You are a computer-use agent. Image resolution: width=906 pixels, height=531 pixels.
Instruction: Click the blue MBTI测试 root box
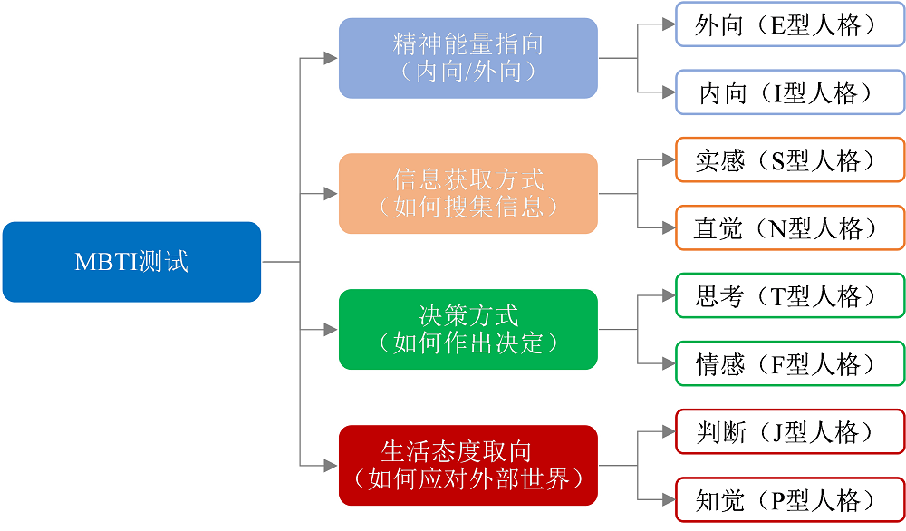click(x=131, y=262)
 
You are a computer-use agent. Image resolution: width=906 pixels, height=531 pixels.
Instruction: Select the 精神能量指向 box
click(x=467, y=58)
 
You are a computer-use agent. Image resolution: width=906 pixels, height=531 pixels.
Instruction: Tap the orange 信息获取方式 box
click(x=467, y=193)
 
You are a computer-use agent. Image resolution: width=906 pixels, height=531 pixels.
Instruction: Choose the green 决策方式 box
click(x=467, y=329)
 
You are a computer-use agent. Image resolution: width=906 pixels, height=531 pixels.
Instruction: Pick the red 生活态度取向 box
click(x=467, y=465)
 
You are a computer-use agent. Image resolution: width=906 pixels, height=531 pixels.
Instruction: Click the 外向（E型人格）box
click(x=789, y=24)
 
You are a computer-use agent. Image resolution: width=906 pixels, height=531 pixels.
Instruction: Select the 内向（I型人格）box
click(x=789, y=92)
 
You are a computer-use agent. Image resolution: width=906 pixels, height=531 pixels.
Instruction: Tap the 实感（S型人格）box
click(x=789, y=160)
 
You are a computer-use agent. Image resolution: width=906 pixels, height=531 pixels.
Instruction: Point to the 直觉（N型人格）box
click(x=789, y=228)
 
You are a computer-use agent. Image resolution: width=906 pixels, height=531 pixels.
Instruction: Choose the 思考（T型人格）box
click(x=789, y=296)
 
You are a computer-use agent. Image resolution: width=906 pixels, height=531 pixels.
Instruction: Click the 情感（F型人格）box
click(x=789, y=364)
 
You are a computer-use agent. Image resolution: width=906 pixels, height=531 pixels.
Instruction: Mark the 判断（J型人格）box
click(x=789, y=432)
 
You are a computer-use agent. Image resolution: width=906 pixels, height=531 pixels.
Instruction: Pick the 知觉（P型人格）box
click(x=789, y=500)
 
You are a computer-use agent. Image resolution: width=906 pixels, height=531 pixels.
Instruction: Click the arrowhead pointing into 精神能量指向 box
click(x=331, y=58)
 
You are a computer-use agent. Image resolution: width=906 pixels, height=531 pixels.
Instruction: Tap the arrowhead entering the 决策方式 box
click(x=331, y=330)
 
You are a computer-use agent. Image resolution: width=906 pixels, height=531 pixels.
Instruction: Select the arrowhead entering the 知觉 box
click(x=669, y=500)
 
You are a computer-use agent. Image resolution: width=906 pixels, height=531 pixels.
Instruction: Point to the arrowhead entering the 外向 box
click(x=669, y=24)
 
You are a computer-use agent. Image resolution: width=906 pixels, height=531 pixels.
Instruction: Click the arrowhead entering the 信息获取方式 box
click(x=331, y=194)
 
